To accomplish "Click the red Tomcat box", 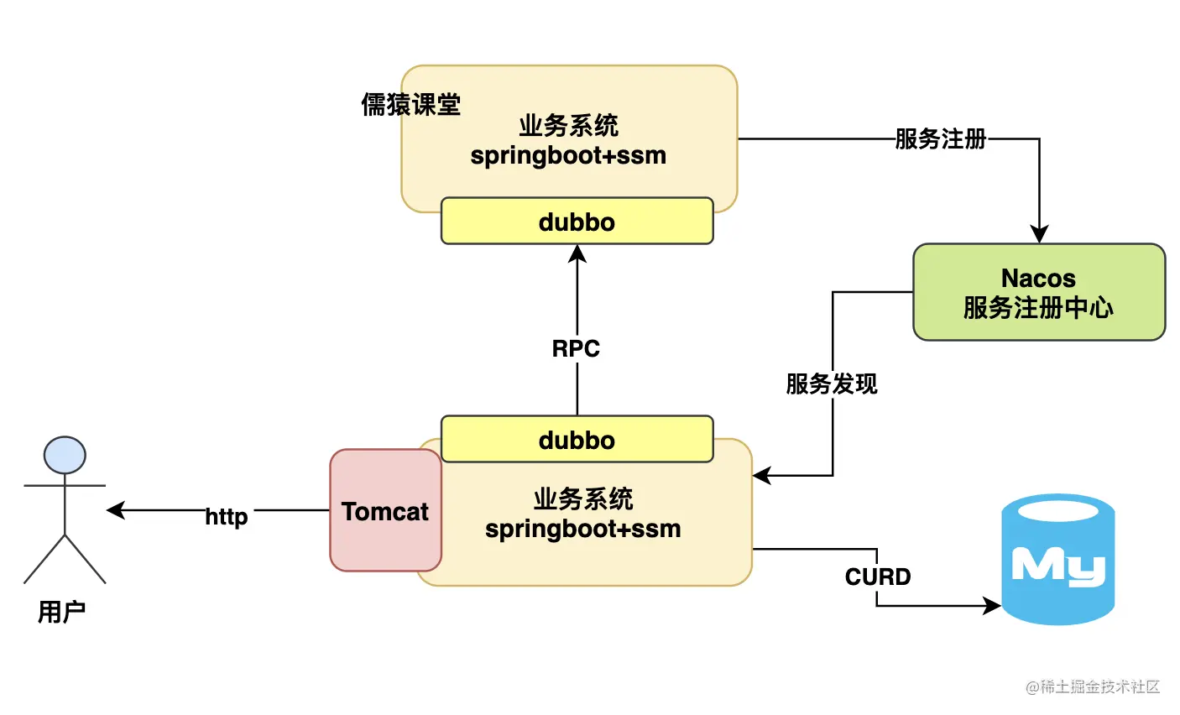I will [x=385, y=510].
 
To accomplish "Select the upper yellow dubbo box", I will [x=577, y=222].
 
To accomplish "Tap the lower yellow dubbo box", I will [x=577, y=440].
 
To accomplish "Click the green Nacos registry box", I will [x=1038, y=292].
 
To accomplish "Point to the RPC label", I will [x=576, y=348].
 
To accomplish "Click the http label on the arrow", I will [x=227, y=516].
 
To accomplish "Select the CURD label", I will [x=878, y=577].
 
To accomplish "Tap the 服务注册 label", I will [x=940, y=138].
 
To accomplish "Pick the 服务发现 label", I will [x=832, y=384].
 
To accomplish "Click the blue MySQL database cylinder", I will [x=1057, y=560].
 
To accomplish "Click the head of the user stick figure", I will [x=65, y=456].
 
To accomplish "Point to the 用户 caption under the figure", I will [x=62, y=612].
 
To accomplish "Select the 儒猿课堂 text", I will [x=411, y=104].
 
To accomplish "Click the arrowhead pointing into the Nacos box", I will [x=1039, y=234].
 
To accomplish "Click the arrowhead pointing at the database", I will [x=992, y=605].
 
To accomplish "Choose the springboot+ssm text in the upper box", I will [x=568, y=155].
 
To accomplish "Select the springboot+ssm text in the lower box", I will [x=582, y=529].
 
